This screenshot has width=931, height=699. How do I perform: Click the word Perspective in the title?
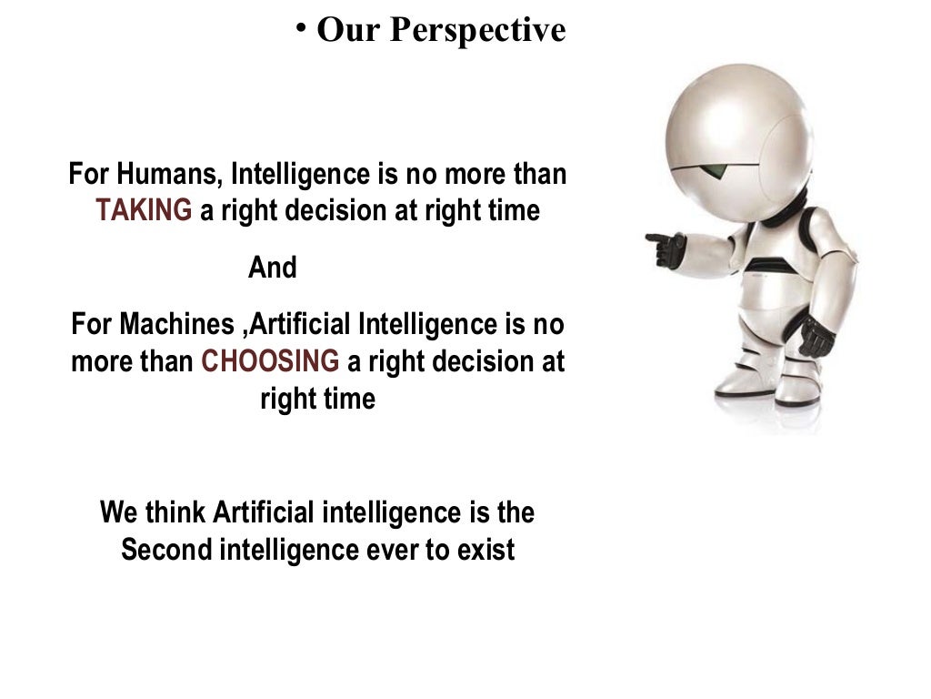pyautogui.click(x=478, y=31)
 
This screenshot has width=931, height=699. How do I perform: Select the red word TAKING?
pyautogui.click(x=145, y=211)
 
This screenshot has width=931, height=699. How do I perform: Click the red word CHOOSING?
pyautogui.click(x=270, y=361)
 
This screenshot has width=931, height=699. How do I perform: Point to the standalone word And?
pyautogui.click(x=273, y=268)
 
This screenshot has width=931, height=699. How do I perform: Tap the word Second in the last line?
pyautogui.click(x=165, y=551)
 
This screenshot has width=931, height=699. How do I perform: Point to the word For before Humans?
pyautogui.click(x=87, y=174)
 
